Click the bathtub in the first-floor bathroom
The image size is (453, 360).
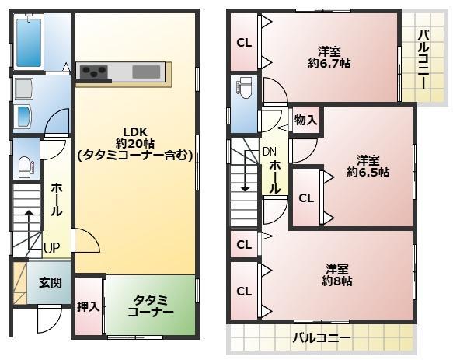pyautogui.click(x=29, y=43)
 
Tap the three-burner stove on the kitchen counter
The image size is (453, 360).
pyautogui.click(x=94, y=72)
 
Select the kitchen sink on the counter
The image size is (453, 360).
pyautogui.click(x=146, y=72)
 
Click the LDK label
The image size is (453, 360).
pyautogui.click(x=135, y=132)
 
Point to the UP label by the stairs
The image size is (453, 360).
pyautogui.click(x=52, y=248)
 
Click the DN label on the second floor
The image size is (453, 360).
pyautogui.click(x=270, y=151)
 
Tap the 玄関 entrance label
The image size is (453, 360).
pyautogui.click(x=51, y=282)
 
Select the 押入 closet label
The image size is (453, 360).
pyautogui.click(x=88, y=306)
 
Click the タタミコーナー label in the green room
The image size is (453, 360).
pyautogui.click(x=151, y=306)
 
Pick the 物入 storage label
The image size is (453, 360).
pyautogui.click(x=305, y=120)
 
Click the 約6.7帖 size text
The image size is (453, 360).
pyautogui.click(x=329, y=63)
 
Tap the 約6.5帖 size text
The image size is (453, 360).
pyautogui.click(x=368, y=173)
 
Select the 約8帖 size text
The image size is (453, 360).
pyautogui.click(x=337, y=281)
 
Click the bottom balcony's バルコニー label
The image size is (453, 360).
pyautogui.click(x=321, y=337)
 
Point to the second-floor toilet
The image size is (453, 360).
pyautogui.click(x=245, y=87)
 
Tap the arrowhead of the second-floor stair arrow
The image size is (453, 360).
pyautogui.click(x=246, y=189)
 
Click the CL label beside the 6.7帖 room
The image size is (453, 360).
pyautogui.click(x=244, y=43)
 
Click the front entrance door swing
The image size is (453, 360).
pyautogui.click(x=50, y=320)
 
